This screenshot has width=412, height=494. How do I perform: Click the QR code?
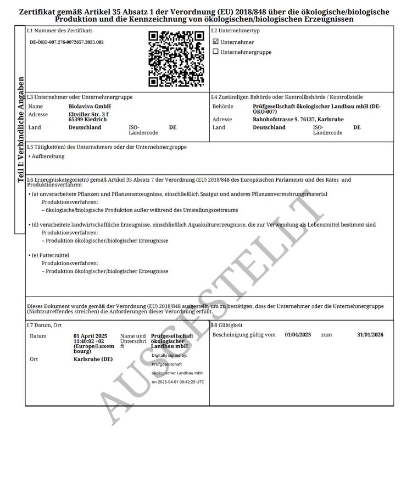[176, 59]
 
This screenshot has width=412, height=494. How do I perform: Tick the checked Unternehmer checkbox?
[215, 42]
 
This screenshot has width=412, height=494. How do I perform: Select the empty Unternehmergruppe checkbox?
[215, 52]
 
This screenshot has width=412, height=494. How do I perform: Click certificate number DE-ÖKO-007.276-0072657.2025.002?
[66, 42]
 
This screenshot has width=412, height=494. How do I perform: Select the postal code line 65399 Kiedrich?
[88, 119]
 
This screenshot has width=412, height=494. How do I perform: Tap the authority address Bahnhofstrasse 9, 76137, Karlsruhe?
[298, 119]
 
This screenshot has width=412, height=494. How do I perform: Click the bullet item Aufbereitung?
[48, 156]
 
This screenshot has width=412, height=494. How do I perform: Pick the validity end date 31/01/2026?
[370, 334]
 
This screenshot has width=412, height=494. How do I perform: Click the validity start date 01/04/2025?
[298, 334]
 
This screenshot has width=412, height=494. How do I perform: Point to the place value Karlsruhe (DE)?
[93, 359]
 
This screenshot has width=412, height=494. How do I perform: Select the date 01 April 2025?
[90, 335]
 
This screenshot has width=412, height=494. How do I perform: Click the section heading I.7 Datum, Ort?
[45, 325]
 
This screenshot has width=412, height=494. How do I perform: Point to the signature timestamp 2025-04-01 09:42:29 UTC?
[177, 381]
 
